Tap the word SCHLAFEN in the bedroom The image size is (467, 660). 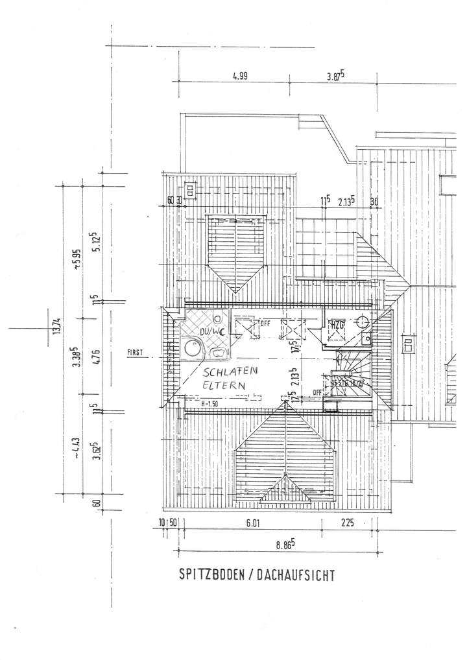click(231, 372)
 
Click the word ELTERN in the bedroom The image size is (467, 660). click(224, 384)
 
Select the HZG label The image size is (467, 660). click(337, 324)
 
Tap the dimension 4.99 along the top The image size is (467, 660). click(240, 75)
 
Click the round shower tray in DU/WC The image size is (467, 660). click(192, 348)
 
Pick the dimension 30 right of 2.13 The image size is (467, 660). click(374, 201)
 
